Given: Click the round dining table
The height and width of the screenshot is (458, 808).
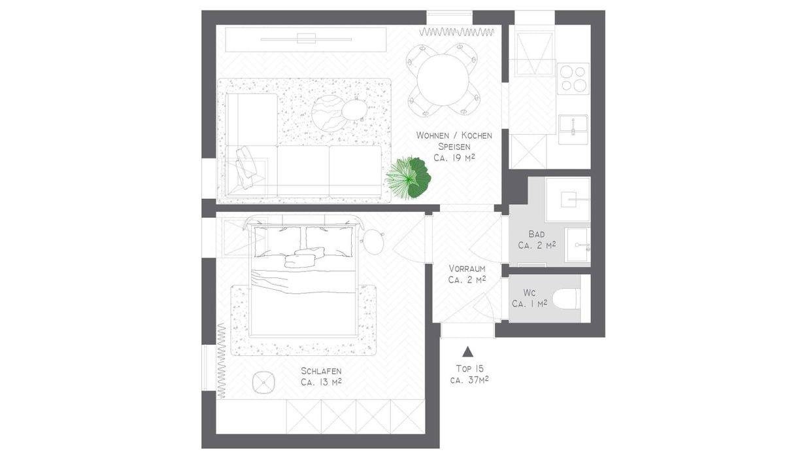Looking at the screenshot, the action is tap(443, 80).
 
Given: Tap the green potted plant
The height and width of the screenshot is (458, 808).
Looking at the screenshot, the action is tap(409, 178).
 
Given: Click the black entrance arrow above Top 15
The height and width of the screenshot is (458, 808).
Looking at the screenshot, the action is tap(467, 351).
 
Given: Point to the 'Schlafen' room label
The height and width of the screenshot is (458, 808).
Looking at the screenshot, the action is tap(321, 371).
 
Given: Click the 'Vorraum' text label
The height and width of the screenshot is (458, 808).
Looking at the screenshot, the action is tap(467, 268).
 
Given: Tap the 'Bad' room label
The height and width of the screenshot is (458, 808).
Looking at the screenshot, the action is tap(537, 234).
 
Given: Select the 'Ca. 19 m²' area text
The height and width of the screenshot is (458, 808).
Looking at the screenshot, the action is tap(454, 158).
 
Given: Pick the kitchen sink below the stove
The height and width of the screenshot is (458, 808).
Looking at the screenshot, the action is tap(573, 129).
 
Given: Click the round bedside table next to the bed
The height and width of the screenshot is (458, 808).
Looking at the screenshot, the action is tap(373, 242).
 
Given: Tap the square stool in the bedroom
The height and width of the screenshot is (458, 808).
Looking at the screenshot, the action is tap(263, 383).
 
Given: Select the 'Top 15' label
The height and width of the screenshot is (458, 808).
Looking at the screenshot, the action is tap(469, 368).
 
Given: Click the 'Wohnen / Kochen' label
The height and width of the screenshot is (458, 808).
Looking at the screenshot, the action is tap(454, 135).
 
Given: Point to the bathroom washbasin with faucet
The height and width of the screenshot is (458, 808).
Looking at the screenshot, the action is tap(578, 245).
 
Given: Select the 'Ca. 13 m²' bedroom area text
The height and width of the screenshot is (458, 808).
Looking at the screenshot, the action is tap(322, 382).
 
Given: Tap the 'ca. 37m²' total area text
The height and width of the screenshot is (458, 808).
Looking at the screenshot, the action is tap(469, 380).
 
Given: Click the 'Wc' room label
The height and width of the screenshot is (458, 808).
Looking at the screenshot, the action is tap(529, 292).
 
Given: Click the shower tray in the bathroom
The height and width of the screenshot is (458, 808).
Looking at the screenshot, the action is tap(568, 200).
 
